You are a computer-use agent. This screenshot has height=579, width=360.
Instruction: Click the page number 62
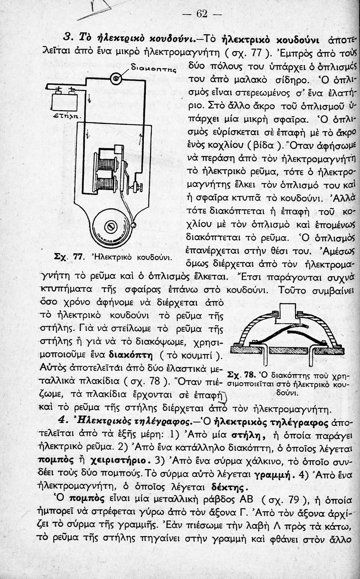click(202, 14)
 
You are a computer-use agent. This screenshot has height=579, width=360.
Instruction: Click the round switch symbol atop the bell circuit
click(115, 79)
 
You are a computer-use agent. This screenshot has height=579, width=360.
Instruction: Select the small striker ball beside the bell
click(134, 225)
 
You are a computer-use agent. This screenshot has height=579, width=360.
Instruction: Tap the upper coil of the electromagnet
click(106, 164)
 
